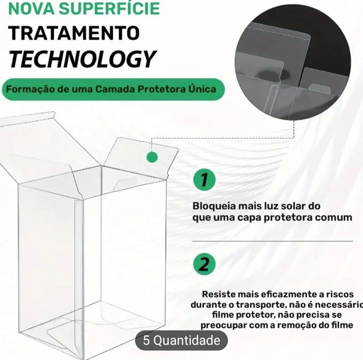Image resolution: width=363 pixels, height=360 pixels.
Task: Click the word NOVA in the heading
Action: (x=31, y=9)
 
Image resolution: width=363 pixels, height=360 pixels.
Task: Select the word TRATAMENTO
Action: (x=74, y=33)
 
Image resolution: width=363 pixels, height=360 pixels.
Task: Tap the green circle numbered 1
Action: (x=204, y=180)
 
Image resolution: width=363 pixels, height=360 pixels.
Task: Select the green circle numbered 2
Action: (x=204, y=264)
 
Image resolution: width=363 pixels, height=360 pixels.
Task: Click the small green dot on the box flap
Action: (x=152, y=157)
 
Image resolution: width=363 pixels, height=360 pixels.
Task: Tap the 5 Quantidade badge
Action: (x=181, y=340)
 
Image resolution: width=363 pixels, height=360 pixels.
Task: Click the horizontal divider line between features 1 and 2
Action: (x=272, y=241)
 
